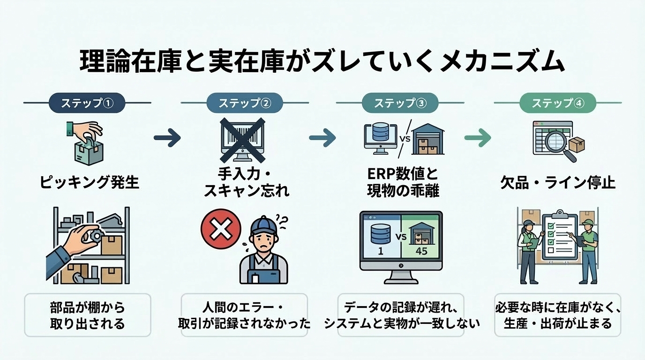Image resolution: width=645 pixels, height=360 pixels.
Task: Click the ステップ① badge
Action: [x=88, y=103]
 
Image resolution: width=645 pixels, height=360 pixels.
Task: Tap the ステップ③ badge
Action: [x=400, y=103]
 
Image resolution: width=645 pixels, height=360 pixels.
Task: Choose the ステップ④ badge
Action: [x=557, y=103]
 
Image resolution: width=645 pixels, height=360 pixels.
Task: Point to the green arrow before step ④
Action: [x=477, y=138]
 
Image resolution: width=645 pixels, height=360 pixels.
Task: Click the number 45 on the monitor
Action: [x=421, y=251]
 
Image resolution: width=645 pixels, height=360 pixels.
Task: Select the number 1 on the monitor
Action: [x=380, y=251]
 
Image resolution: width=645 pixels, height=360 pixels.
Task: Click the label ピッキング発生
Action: [x=89, y=182]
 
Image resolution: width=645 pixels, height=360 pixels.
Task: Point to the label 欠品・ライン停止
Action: [x=558, y=182]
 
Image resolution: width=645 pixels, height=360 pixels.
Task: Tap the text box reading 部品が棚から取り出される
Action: [x=88, y=315]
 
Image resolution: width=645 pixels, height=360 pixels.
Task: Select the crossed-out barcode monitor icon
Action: [x=242, y=138]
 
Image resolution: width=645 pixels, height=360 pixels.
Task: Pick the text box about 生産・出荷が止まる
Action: [x=557, y=315]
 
